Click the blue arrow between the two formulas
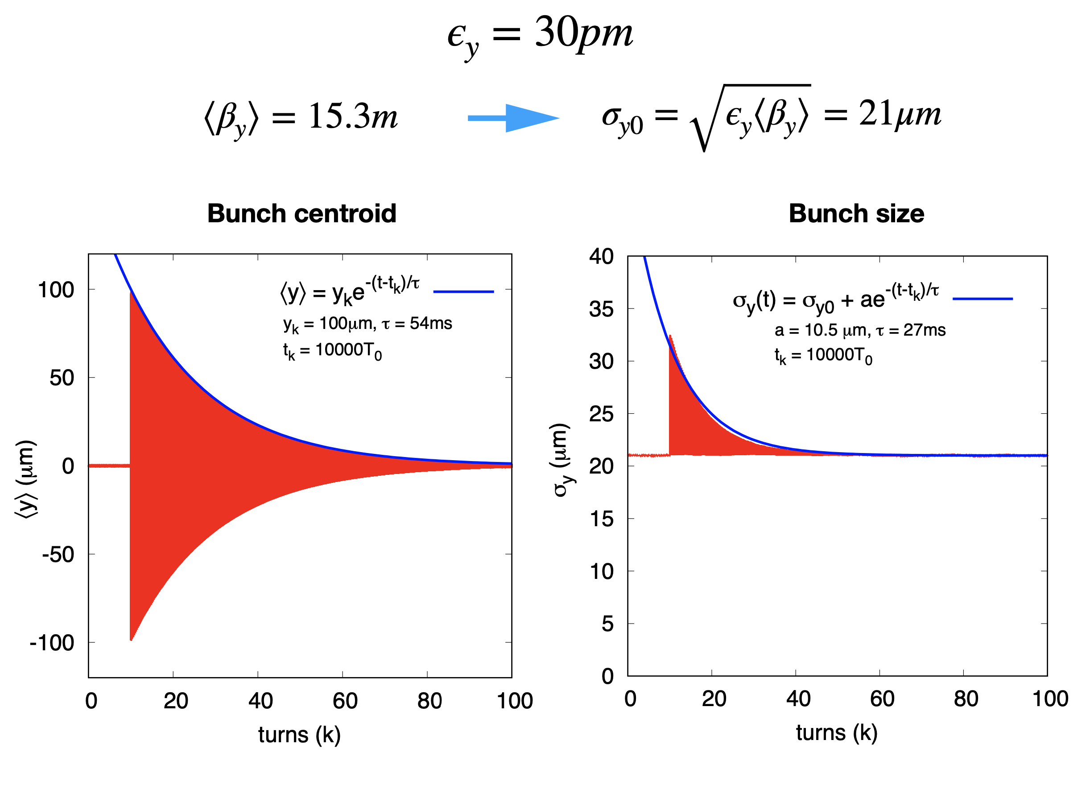click(513, 118)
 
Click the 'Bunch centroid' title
click(302, 213)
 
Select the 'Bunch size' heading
click(856, 213)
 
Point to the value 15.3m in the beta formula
click(353, 117)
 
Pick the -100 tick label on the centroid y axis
click(52, 643)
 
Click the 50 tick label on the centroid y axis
click(62, 378)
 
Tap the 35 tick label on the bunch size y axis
click(601, 309)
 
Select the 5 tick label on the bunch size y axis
click(607, 624)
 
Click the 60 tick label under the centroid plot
click(345, 701)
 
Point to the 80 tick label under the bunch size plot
click(966, 699)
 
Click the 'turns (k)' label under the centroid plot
click(299, 735)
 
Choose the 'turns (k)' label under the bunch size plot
click(837, 733)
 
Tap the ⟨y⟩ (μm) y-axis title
click(25, 479)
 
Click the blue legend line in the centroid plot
click(463, 292)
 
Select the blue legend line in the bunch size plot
click(983, 299)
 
